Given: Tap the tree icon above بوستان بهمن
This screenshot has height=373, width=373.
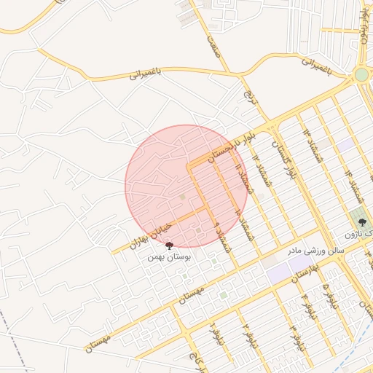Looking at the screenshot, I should pos(170,246).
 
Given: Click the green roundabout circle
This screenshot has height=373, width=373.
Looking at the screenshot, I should pos(362,74).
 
